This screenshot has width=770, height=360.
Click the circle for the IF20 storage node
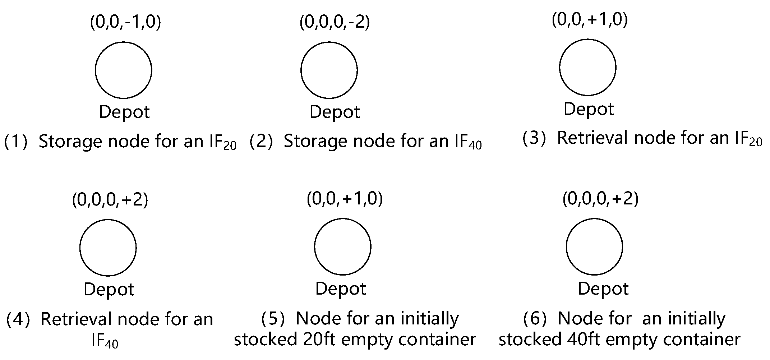[124, 70]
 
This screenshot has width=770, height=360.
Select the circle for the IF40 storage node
[329, 70]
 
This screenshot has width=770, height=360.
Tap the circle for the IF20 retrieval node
[588, 67]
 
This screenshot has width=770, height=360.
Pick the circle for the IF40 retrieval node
[108, 248]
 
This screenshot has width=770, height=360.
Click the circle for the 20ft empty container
[343, 247]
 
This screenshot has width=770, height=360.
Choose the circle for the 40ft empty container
[595, 247]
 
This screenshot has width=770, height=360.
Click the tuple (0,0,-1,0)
[125, 22]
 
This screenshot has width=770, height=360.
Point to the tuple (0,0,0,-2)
[335, 22]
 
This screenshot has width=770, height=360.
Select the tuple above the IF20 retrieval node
[590, 19]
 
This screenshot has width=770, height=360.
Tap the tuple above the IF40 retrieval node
[110, 200]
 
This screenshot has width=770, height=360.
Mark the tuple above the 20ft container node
[345, 199]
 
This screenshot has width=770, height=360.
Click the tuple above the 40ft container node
[600, 199]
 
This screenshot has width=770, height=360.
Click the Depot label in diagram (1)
[124, 112]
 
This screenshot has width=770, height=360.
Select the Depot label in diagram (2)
[335, 112]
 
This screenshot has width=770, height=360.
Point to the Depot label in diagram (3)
[589, 109]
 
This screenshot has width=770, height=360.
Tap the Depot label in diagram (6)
[603, 289]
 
